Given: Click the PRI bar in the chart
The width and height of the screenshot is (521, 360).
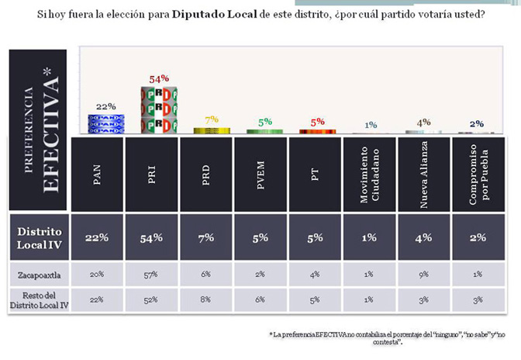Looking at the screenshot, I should point(159,109).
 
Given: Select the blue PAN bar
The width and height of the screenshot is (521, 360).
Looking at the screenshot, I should point(106,123).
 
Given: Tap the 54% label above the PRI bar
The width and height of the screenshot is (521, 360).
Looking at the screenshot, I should point(159,79).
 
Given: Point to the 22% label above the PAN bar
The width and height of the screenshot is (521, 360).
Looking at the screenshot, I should point(106,106).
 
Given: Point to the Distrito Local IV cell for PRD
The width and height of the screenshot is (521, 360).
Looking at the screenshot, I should point(206,237).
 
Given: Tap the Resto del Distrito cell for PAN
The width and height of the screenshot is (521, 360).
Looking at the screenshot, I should point(97,299).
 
